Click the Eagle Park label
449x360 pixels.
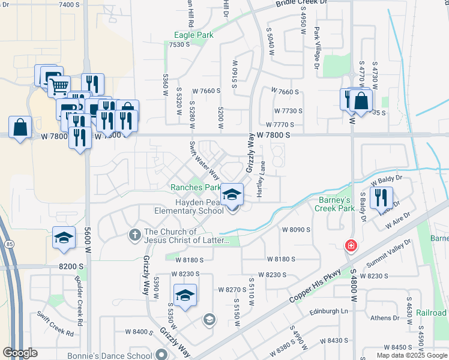[x=193, y=35]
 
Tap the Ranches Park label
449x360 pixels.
[x=196, y=187]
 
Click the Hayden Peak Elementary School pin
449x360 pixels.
[x=233, y=196]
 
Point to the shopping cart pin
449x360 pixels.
[x=58, y=87]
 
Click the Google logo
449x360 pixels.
[x=20, y=353]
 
